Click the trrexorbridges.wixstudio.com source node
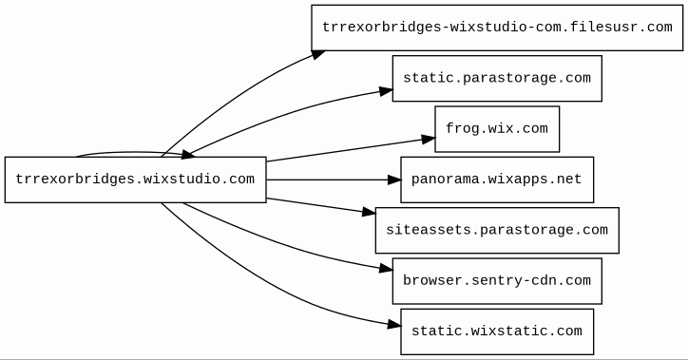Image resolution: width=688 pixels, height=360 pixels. click(136, 180)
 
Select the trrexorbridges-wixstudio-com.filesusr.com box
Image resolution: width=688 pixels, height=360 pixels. click(497, 28)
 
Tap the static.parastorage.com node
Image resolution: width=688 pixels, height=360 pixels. click(497, 79)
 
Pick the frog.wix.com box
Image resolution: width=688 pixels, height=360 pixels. click(497, 129)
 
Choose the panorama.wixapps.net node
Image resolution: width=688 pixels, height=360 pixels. click(497, 180)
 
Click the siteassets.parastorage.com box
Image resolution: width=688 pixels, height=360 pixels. click(497, 230)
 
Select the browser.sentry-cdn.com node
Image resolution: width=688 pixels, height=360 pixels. click(497, 281)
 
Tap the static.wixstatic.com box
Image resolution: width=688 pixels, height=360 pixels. click(497, 332)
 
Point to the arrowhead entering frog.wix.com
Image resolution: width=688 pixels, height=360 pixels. click(429, 140)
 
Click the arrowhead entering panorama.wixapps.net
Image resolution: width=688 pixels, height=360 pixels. click(394, 180)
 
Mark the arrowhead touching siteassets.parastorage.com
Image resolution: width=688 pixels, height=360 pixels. click(369, 212)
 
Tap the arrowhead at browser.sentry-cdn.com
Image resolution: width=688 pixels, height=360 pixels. click(386, 268)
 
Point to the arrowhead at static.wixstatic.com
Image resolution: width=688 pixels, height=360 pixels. click(394, 325)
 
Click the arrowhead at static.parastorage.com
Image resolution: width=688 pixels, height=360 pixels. click(386, 91)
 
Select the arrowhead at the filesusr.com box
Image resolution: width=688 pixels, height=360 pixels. click(318, 55)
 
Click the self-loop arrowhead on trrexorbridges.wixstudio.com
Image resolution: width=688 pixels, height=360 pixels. click(188, 154)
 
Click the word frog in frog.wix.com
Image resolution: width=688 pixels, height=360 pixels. click(463, 129)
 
